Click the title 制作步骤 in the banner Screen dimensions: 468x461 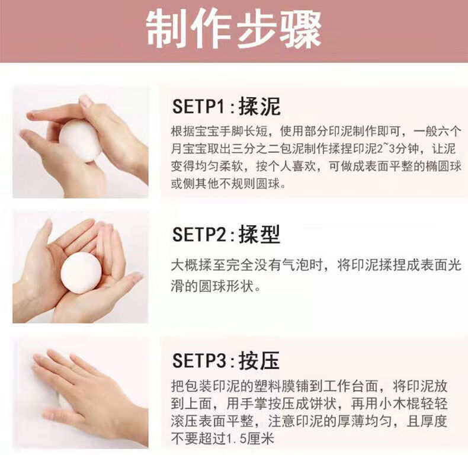[233, 29]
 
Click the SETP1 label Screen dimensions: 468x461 [197, 106]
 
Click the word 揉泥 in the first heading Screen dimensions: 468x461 [259, 106]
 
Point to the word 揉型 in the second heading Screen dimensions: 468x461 [259, 234]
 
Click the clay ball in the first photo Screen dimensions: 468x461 [80, 140]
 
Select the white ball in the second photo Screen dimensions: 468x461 [81, 273]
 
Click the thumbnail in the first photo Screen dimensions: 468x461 [86, 101]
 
